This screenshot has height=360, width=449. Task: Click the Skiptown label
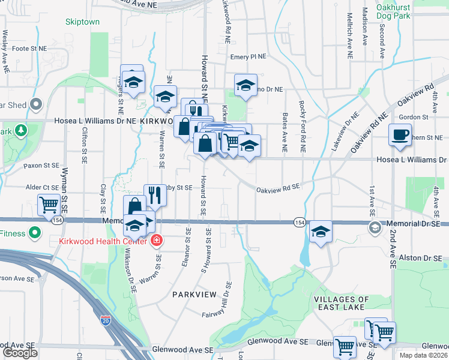click(x=83, y=22)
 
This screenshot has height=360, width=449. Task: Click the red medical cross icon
click(x=157, y=241)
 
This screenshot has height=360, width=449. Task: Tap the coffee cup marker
click(x=400, y=135)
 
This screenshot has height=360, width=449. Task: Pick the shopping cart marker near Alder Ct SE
click(x=49, y=205)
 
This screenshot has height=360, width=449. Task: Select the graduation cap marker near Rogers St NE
click(x=132, y=80)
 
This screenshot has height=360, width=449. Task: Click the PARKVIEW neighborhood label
click(x=193, y=295)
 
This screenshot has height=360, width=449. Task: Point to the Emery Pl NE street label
click(x=248, y=57)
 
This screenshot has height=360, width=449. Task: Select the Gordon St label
click(x=413, y=117)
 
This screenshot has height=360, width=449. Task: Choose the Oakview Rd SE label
click(x=278, y=188)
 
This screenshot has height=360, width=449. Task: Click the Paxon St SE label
click(x=41, y=165)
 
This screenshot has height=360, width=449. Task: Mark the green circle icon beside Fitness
click(x=35, y=232)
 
